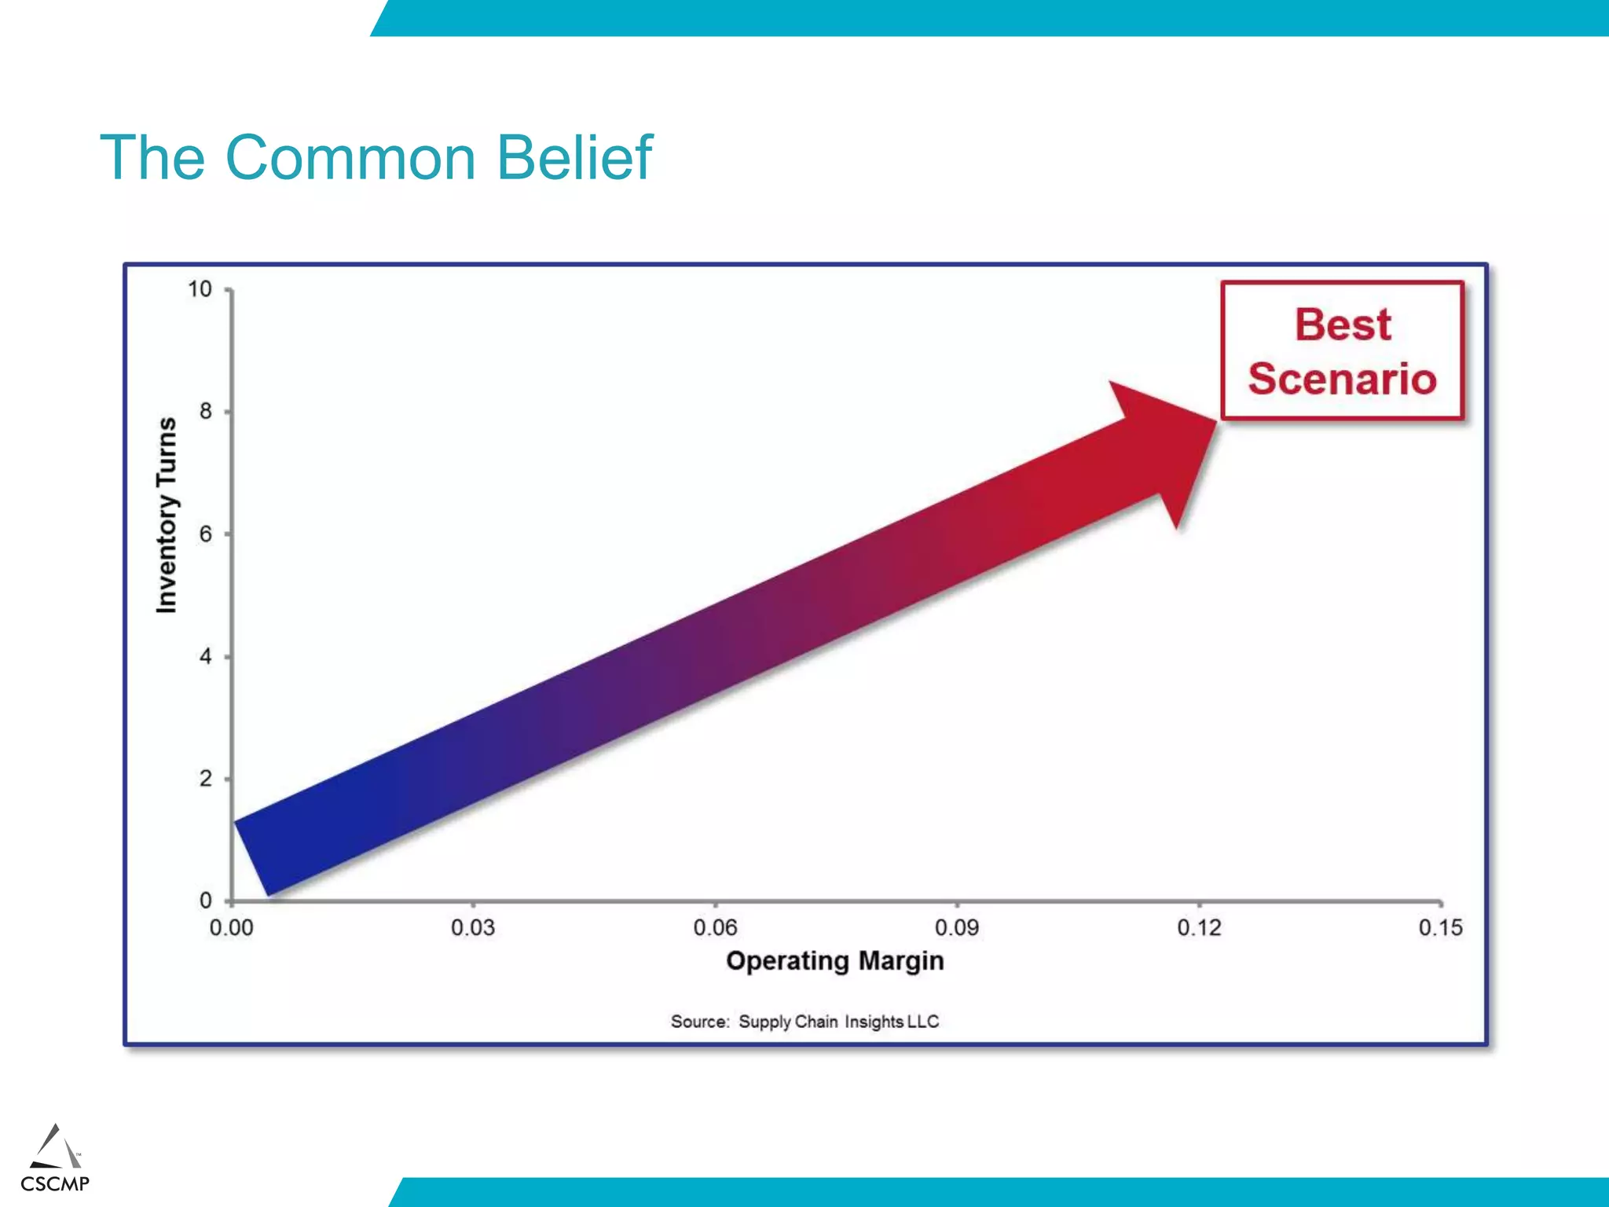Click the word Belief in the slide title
pyautogui.click(x=574, y=158)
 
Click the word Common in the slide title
pyautogui.click(x=350, y=158)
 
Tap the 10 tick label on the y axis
pyautogui.click(x=200, y=289)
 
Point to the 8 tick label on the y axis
pyautogui.click(x=205, y=411)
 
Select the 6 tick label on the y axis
pyautogui.click(x=205, y=534)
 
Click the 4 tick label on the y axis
pyautogui.click(x=205, y=656)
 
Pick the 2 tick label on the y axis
pyautogui.click(x=205, y=779)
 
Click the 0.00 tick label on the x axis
pyautogui.click(x=231, y=928)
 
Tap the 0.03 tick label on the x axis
pyautogui.click(x=473, y=928)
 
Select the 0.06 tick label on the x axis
pyautogui.click(x=715, y=928)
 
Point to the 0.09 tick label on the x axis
pyautogui.click(x=957, y=928)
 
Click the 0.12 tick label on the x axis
pyautogui.click(x=1199, y=928)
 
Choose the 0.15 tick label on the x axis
pyautogui.click(x=1440, y=928)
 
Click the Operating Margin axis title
pyautogui.click(x=834, y=961)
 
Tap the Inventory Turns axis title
pyautogui.click(x=167, y=515)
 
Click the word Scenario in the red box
pyautogui.click(x=1342, y=379)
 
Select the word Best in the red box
pyautogui.click(x=1343, y=325)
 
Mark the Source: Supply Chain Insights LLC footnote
pyautogui.click(x=804, y=1022)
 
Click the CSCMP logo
pyautogui.click(x=55, y=1160)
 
